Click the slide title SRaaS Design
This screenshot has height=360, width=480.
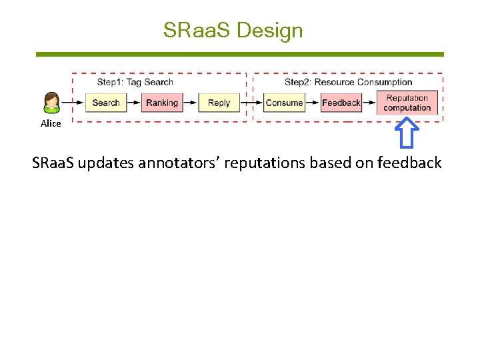click(x=233, y=31)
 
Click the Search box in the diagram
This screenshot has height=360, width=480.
click(x=105, y=103)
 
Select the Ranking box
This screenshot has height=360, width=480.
click(x=161, y=103)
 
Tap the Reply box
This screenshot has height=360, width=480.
click(x=219, y=103)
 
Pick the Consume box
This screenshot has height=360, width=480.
click(x=284, y=103)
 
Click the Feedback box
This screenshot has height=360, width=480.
click(x=341, y=103)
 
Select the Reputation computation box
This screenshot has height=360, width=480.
click(x=407, y=103)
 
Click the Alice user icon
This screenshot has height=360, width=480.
click(x=51, y=103)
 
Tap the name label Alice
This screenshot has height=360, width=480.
click(x=51, y=123)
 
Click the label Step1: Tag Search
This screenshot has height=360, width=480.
click(x=135, y=82)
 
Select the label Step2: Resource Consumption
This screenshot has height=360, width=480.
click(x=348, y=82)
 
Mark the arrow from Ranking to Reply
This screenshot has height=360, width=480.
click(x=189, y=103)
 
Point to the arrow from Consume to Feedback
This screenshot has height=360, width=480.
click(x=313, y=103)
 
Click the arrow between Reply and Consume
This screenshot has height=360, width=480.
click(x=251, y=103)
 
